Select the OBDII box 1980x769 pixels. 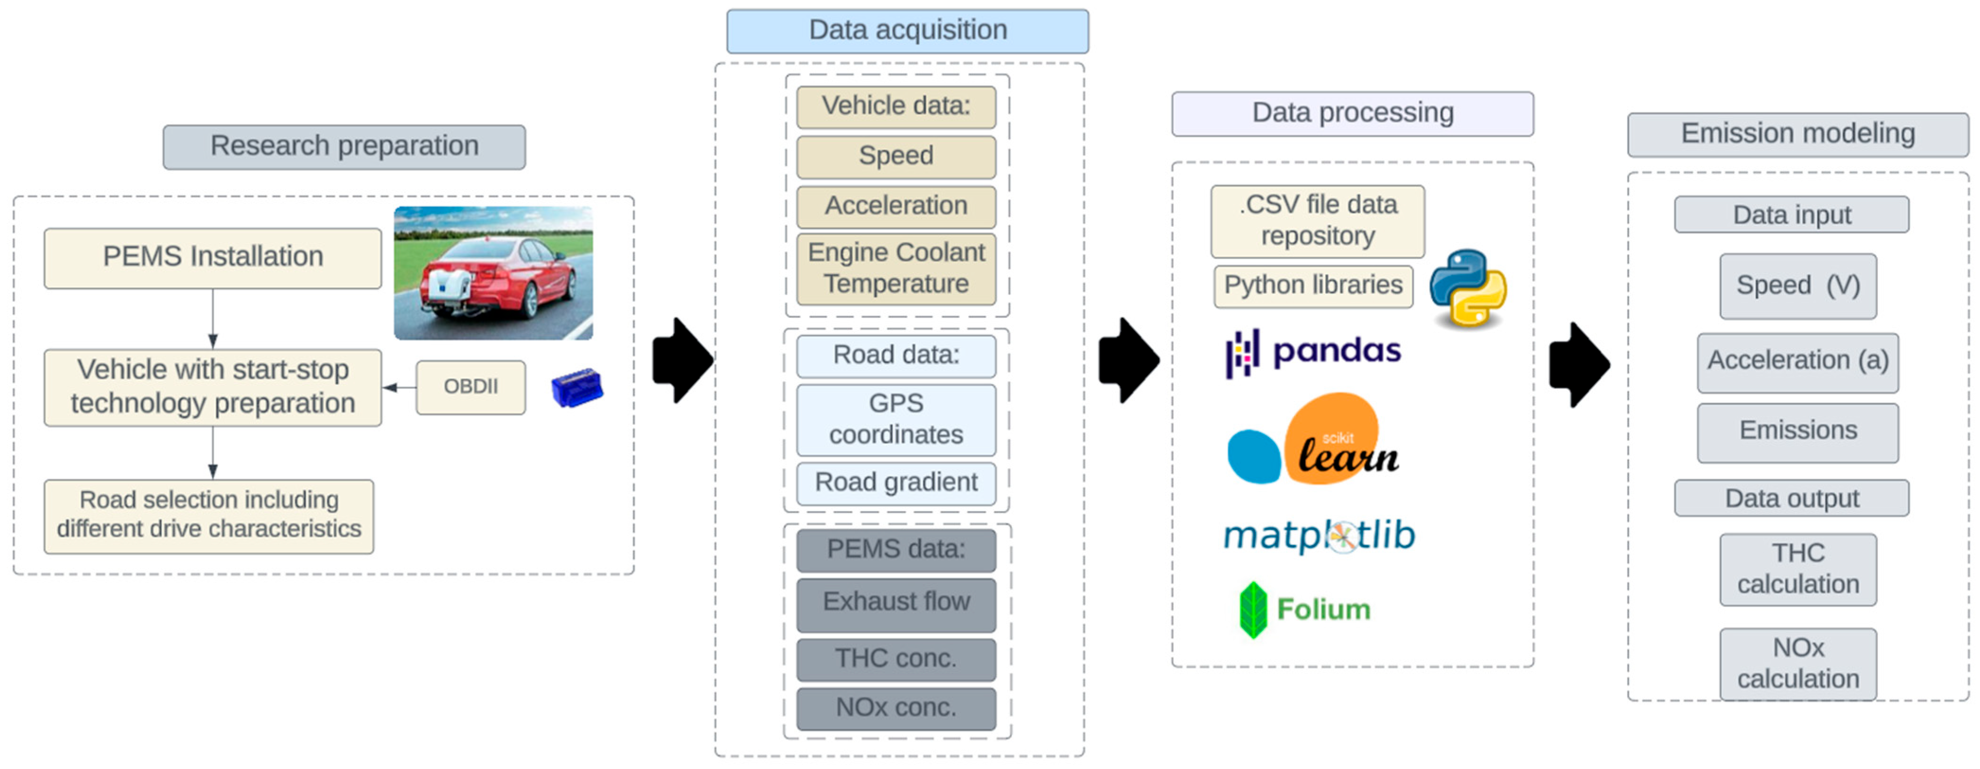(x=470, y=387)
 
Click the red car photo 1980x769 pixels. (x=493, y=273)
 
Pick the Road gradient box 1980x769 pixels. (x=896, y=483)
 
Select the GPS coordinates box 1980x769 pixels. (x=896, y=419)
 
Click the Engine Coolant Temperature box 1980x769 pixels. (x=896, y=268)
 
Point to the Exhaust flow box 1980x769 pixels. (x=896, y=602)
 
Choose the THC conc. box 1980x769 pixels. (x=896, y=659)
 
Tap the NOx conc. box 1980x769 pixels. (x=896, y=708)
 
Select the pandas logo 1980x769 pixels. (x=1313, y=352)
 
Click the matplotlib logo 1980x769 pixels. (x=1318, y=535)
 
